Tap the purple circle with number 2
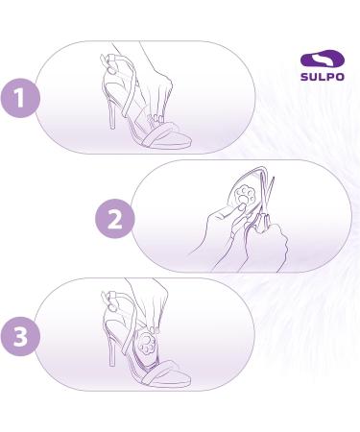pyautogui.click(x=114, y=219)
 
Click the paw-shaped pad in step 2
pyautogui.click(x=231, y=204)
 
